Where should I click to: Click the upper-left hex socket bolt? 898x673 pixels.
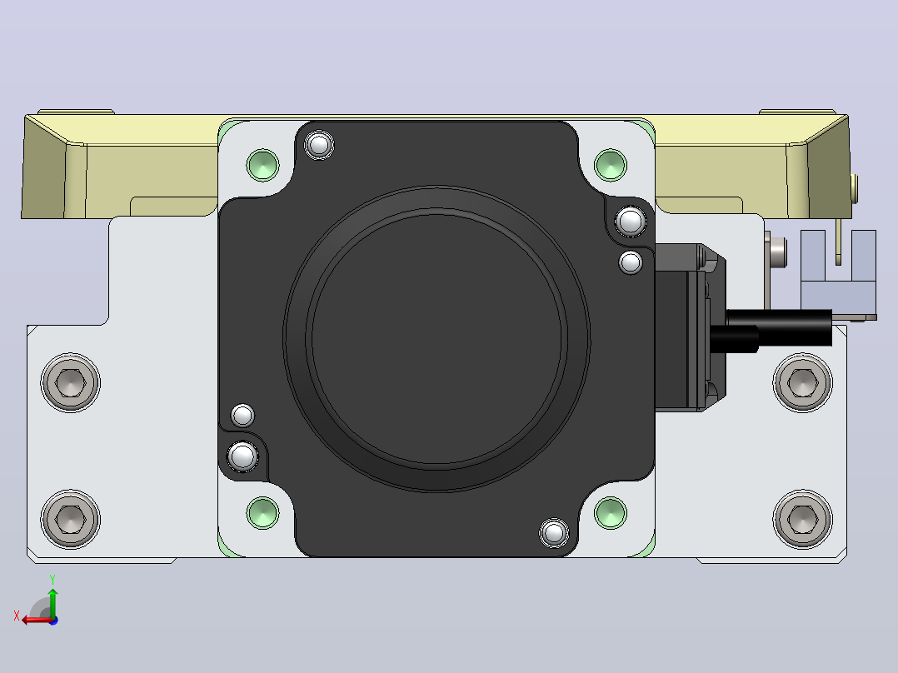(71, 382)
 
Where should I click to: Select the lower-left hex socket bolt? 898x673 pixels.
(71, 519)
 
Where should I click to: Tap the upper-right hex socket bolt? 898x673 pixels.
(803, 382)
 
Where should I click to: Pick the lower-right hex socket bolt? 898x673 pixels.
(803, 519)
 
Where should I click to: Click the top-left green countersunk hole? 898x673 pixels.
(263, 165)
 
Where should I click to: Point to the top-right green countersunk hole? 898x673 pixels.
(611, 165)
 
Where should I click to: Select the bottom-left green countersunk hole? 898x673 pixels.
(263, 512)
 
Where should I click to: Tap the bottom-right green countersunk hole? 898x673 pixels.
(611, 512)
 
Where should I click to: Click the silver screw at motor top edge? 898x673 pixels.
(319, 145)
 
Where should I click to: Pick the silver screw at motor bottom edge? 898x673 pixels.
(554, 533)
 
